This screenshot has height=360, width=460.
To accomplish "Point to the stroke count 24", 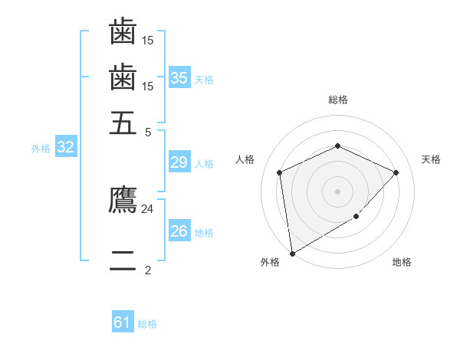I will click(x=147, y=208).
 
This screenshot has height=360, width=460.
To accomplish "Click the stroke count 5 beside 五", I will click(x=148, y=131).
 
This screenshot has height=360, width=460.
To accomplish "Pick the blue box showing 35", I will click(x=179, y=78).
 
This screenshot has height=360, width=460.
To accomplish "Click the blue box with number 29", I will click(x=179, y=162).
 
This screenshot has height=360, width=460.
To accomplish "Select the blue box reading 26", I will click(x=179, y=231).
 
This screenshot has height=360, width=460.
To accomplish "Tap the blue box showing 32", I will click(x=65, y=148).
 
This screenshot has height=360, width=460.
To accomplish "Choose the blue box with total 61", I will click(x=123, y=322).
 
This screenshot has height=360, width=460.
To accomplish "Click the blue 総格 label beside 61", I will click(x=147, y=324).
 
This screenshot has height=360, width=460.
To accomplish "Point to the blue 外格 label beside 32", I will click(x=40, y=149).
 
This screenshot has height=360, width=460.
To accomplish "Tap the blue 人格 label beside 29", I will click(x=204, y=163).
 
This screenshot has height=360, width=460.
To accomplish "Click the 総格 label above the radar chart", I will click(x=337, y=100).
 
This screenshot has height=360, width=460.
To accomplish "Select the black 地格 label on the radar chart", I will click(x=402, y=262).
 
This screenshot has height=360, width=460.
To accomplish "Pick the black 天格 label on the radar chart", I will click(x=431, y=159).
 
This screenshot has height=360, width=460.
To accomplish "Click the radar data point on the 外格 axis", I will click(x=292, y=253).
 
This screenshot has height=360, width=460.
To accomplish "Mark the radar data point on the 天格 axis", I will click(x=396, y=172).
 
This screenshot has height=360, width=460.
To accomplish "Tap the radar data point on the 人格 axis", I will click(x=280, y=172).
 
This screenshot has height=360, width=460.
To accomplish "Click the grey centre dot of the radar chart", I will click(x=337, y=191).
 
